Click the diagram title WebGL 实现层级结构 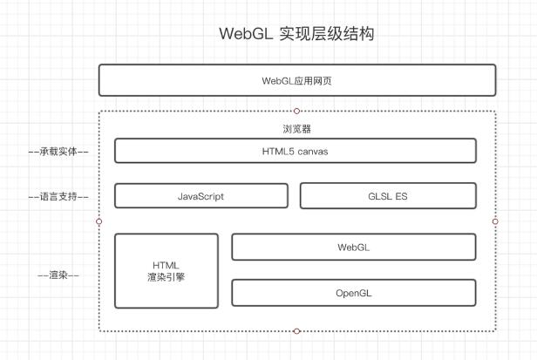pyautogui.click(x=296, y=35)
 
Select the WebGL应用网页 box pyautogui.click(x=296, y=79)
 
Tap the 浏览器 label pyautogui.click(x=296, y=129)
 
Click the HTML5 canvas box pyautogui.click(x=296, y=151)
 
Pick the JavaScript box pyautogui.click(x=201, y=196)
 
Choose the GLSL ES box pyautogui.click(x=388, y=196)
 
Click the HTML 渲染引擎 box pyautogui.click(x=167, y=270)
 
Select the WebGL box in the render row pyautogui.click(x=353, y=247)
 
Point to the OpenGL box pyautogui.click(x=353, y=293)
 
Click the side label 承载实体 pyautogui.click(x=58, y=151)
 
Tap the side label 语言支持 pyautogui.click(x=58, y=196)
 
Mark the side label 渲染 pyautogui.click(x=58, y=275)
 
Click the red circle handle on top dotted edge pyautogui.click(x=296, y=111)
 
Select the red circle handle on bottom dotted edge pyautogui.click(x=296, y=331)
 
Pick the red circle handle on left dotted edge pyautogui.click(x=99, y=221)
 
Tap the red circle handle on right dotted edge pyautogui.click(x=495, y=221)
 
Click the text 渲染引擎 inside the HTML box pyautogui.click(x=167, y=277)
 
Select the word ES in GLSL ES pyautogui.click(x=401, y=196)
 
